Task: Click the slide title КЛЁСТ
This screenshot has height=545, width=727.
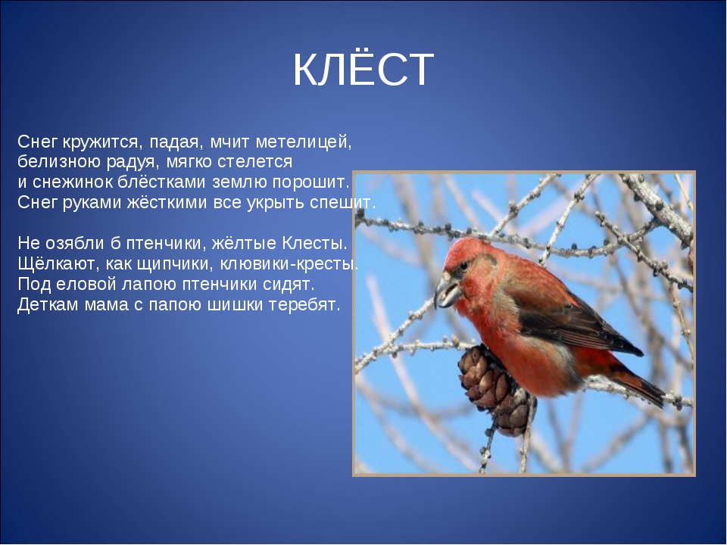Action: (363, 70)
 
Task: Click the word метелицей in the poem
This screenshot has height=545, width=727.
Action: (304, 142)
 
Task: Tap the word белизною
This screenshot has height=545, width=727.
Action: (59, 162)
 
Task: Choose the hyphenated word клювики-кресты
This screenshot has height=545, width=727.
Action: (289, 263)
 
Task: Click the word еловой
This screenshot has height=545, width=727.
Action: (86, 284)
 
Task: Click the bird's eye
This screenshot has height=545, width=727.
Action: (463, 266)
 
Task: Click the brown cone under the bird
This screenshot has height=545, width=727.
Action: (494, 388)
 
